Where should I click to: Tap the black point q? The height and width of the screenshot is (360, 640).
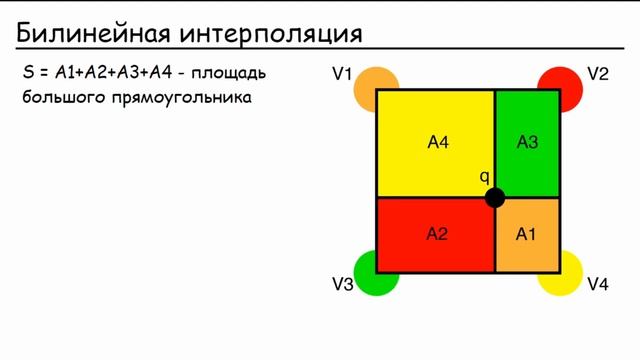(494, 198)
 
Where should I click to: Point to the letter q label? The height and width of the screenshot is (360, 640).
(484, 177)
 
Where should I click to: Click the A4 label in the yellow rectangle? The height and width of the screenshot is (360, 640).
(438, 142)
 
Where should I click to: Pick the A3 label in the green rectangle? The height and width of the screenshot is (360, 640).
(527, 142)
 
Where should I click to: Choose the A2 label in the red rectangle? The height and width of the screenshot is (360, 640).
(437, 234)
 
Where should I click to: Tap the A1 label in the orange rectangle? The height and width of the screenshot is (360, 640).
(526, 234)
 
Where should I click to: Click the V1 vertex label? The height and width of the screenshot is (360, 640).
(343, 74)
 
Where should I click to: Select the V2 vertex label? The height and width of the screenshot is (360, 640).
(598, 74)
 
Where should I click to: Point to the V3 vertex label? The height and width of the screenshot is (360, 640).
(343, 285)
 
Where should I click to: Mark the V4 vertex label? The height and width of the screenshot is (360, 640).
(598, 285)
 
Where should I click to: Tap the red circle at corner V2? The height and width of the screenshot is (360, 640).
(563, 84)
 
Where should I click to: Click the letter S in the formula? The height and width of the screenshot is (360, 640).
(27, 74)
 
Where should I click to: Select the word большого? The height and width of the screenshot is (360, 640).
(58, 98)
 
